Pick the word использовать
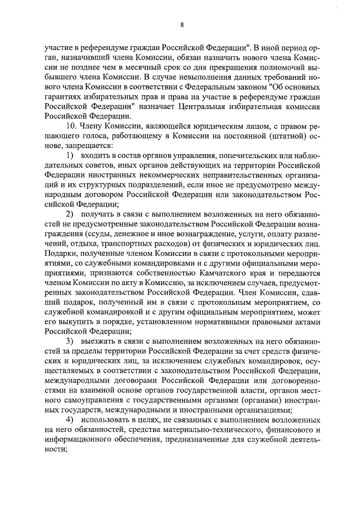(109, 420)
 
